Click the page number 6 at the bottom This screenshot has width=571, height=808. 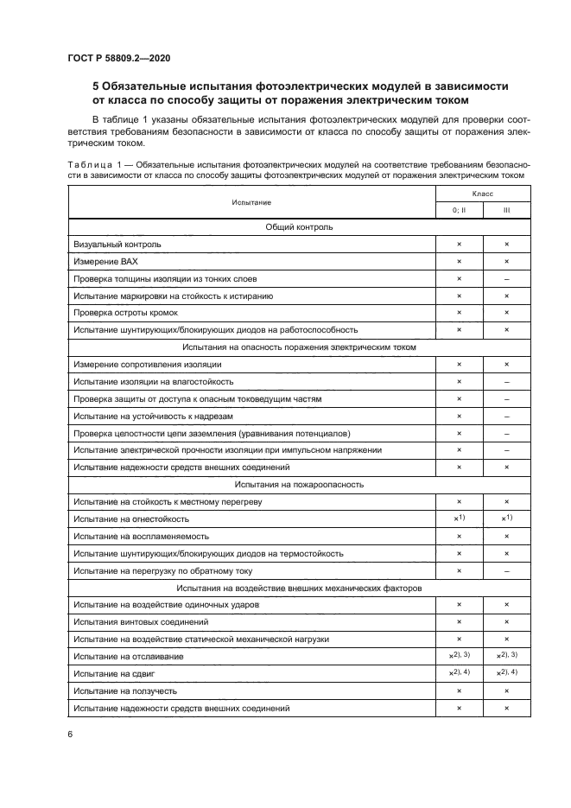pyautogui.click(x=69, y=734)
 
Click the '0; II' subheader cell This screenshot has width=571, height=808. pyautogui.click(x=459, y=210)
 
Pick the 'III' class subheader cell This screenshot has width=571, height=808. pyautogui.click(x=506, y=210)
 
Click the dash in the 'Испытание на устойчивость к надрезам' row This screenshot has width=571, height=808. pyautogui.click(x=506, y=416)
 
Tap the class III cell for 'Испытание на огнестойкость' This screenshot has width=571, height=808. pyautogui.click(x=506, y=519)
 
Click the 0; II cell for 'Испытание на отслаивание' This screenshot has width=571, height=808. pyautogui.click(x=459, y=656)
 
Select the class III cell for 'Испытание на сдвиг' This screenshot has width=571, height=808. pyautogui.click(x=506, y=673)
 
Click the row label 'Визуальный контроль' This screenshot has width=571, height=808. pyautogui.click(x=117, y=245)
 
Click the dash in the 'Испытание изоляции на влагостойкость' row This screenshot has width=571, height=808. pyautogui.click(x=506, y=381)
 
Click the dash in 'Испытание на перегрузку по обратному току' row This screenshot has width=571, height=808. pyautogui.click(x=506, y=570)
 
